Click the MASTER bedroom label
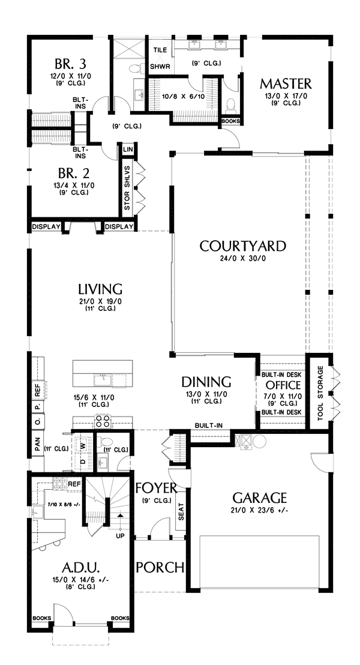point(286,83)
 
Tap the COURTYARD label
point(242,246)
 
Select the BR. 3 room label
point(71,64)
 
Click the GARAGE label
point(260,497)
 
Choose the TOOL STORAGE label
point(320,393)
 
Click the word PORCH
point(160,567)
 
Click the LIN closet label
point(127,149)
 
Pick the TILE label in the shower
point(160,50)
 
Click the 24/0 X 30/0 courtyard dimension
point(242,258)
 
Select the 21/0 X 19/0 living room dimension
point(100,301)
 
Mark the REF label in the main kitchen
point(37,391)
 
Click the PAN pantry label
point(37,445)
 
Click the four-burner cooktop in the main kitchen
point(102,421)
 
